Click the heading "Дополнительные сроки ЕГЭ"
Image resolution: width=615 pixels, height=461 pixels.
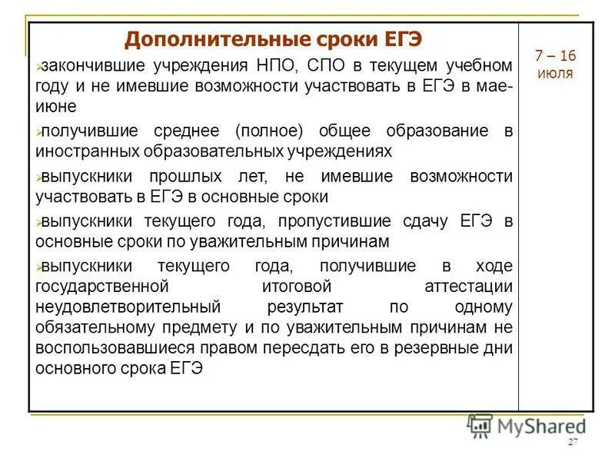coord(274,38)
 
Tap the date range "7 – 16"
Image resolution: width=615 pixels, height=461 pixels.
coord(556,56)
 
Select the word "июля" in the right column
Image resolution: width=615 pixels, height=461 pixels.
coord(556,75)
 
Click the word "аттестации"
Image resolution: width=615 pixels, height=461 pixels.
coord(468,287)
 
